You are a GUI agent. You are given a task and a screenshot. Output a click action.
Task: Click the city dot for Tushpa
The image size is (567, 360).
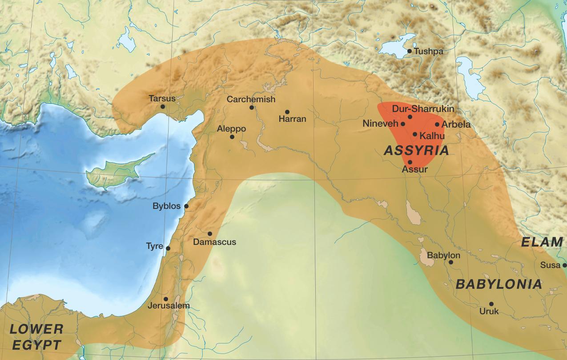point(410,51)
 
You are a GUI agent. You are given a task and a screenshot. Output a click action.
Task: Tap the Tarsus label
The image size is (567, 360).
point(162,98)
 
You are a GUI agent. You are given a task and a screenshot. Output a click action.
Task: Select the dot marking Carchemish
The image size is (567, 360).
point(252,108)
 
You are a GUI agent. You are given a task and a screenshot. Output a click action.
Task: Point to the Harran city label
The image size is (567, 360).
point(292,119)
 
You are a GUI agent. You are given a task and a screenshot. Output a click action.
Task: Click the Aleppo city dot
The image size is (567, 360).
point(232,137)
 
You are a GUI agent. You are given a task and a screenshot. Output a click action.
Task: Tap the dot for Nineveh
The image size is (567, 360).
point(403,124)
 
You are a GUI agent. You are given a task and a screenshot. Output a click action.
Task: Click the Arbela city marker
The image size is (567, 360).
point(437,125)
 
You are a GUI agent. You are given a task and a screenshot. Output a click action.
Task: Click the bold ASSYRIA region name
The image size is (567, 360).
point(416,151)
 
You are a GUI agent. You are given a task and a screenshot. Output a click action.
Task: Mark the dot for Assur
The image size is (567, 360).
point(410,162)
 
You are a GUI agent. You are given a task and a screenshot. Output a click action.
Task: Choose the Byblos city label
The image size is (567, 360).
point(166,206)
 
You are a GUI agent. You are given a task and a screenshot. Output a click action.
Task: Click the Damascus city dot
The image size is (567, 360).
point(210,234)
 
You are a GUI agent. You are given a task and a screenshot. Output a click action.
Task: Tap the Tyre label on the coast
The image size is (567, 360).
point(154,246)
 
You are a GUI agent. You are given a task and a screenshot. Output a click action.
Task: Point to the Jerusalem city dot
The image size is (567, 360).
point(166,299)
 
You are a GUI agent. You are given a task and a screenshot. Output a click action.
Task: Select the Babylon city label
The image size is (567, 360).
point(443,256)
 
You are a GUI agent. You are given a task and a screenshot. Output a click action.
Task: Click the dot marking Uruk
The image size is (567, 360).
point(491,304)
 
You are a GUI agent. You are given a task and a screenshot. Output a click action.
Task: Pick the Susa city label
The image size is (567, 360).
point(550,265)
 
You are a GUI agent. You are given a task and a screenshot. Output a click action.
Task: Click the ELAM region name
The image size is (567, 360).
point(542,242)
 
